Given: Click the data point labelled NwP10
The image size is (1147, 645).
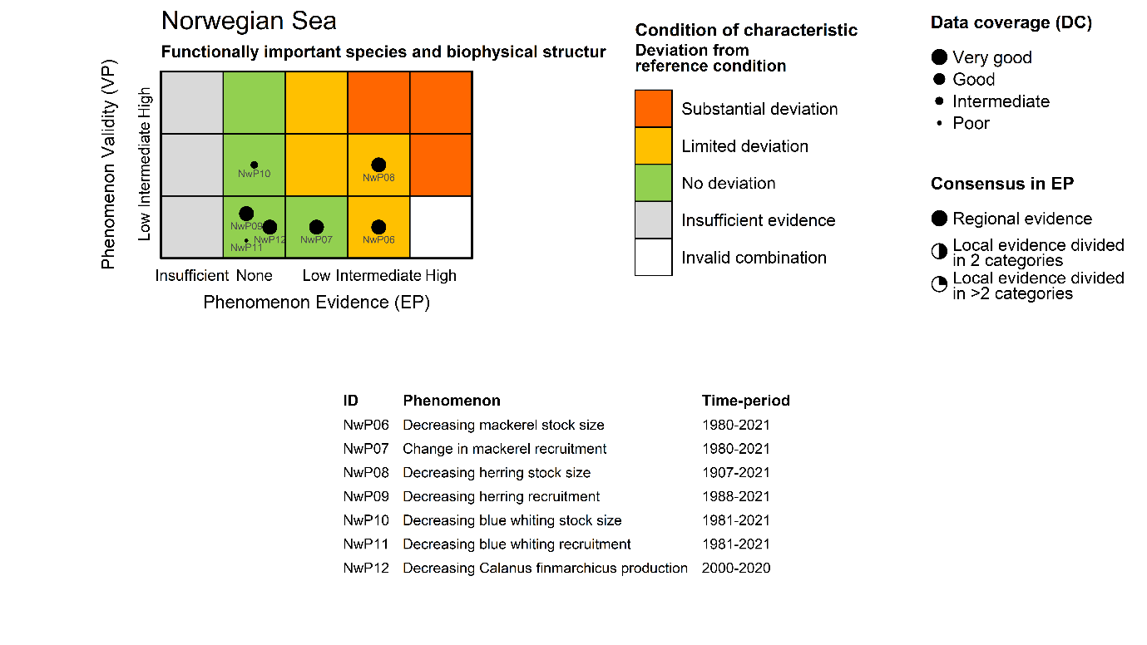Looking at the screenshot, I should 254,165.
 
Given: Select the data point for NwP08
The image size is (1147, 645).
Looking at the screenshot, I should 378,165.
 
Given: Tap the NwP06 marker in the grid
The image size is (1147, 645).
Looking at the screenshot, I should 378,227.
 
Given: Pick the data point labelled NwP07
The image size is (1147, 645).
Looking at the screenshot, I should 316,227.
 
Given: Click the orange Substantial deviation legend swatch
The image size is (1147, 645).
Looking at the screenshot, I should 653,109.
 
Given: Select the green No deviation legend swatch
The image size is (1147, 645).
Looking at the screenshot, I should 653,183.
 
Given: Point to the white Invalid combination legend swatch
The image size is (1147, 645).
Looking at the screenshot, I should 653,257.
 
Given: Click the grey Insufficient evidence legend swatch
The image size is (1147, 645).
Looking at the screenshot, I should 653,220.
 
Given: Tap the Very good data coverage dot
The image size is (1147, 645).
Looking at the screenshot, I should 939,57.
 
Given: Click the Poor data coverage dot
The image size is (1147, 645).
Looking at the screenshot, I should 939,123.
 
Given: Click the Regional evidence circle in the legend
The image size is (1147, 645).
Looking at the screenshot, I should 939,219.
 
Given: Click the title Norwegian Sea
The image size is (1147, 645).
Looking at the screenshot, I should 249,21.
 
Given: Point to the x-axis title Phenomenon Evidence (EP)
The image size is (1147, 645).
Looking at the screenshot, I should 316,302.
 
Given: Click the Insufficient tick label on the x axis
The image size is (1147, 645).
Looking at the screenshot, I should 191,275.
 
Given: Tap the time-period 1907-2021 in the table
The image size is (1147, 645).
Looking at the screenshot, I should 736,472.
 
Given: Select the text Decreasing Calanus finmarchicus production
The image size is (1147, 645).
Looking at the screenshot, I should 545,569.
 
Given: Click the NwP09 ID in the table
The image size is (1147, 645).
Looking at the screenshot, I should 366,496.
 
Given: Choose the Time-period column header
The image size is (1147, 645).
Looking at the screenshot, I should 745,401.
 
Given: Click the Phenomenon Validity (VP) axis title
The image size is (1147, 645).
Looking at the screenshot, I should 108,163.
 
